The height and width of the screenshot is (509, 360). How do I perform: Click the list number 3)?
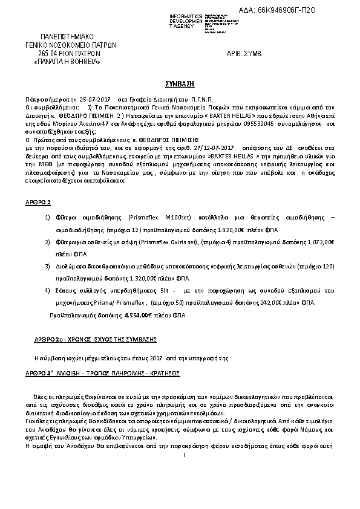pos(48,265)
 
